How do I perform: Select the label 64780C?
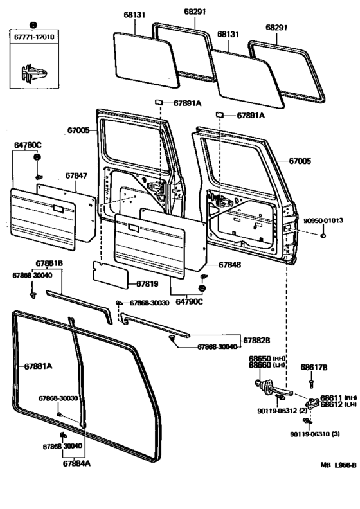pyautogui.click(x=27, y=145)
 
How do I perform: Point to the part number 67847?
pyautogui.click(x=76, y=174)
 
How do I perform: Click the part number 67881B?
pyautogui.click(x=49, y=263)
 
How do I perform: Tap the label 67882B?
pyautogui.click(x=256, y=339)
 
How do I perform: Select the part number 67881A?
pyautogui.click(x=39, y=366)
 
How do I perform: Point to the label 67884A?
pyautogui.click(x=77, y=463)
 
